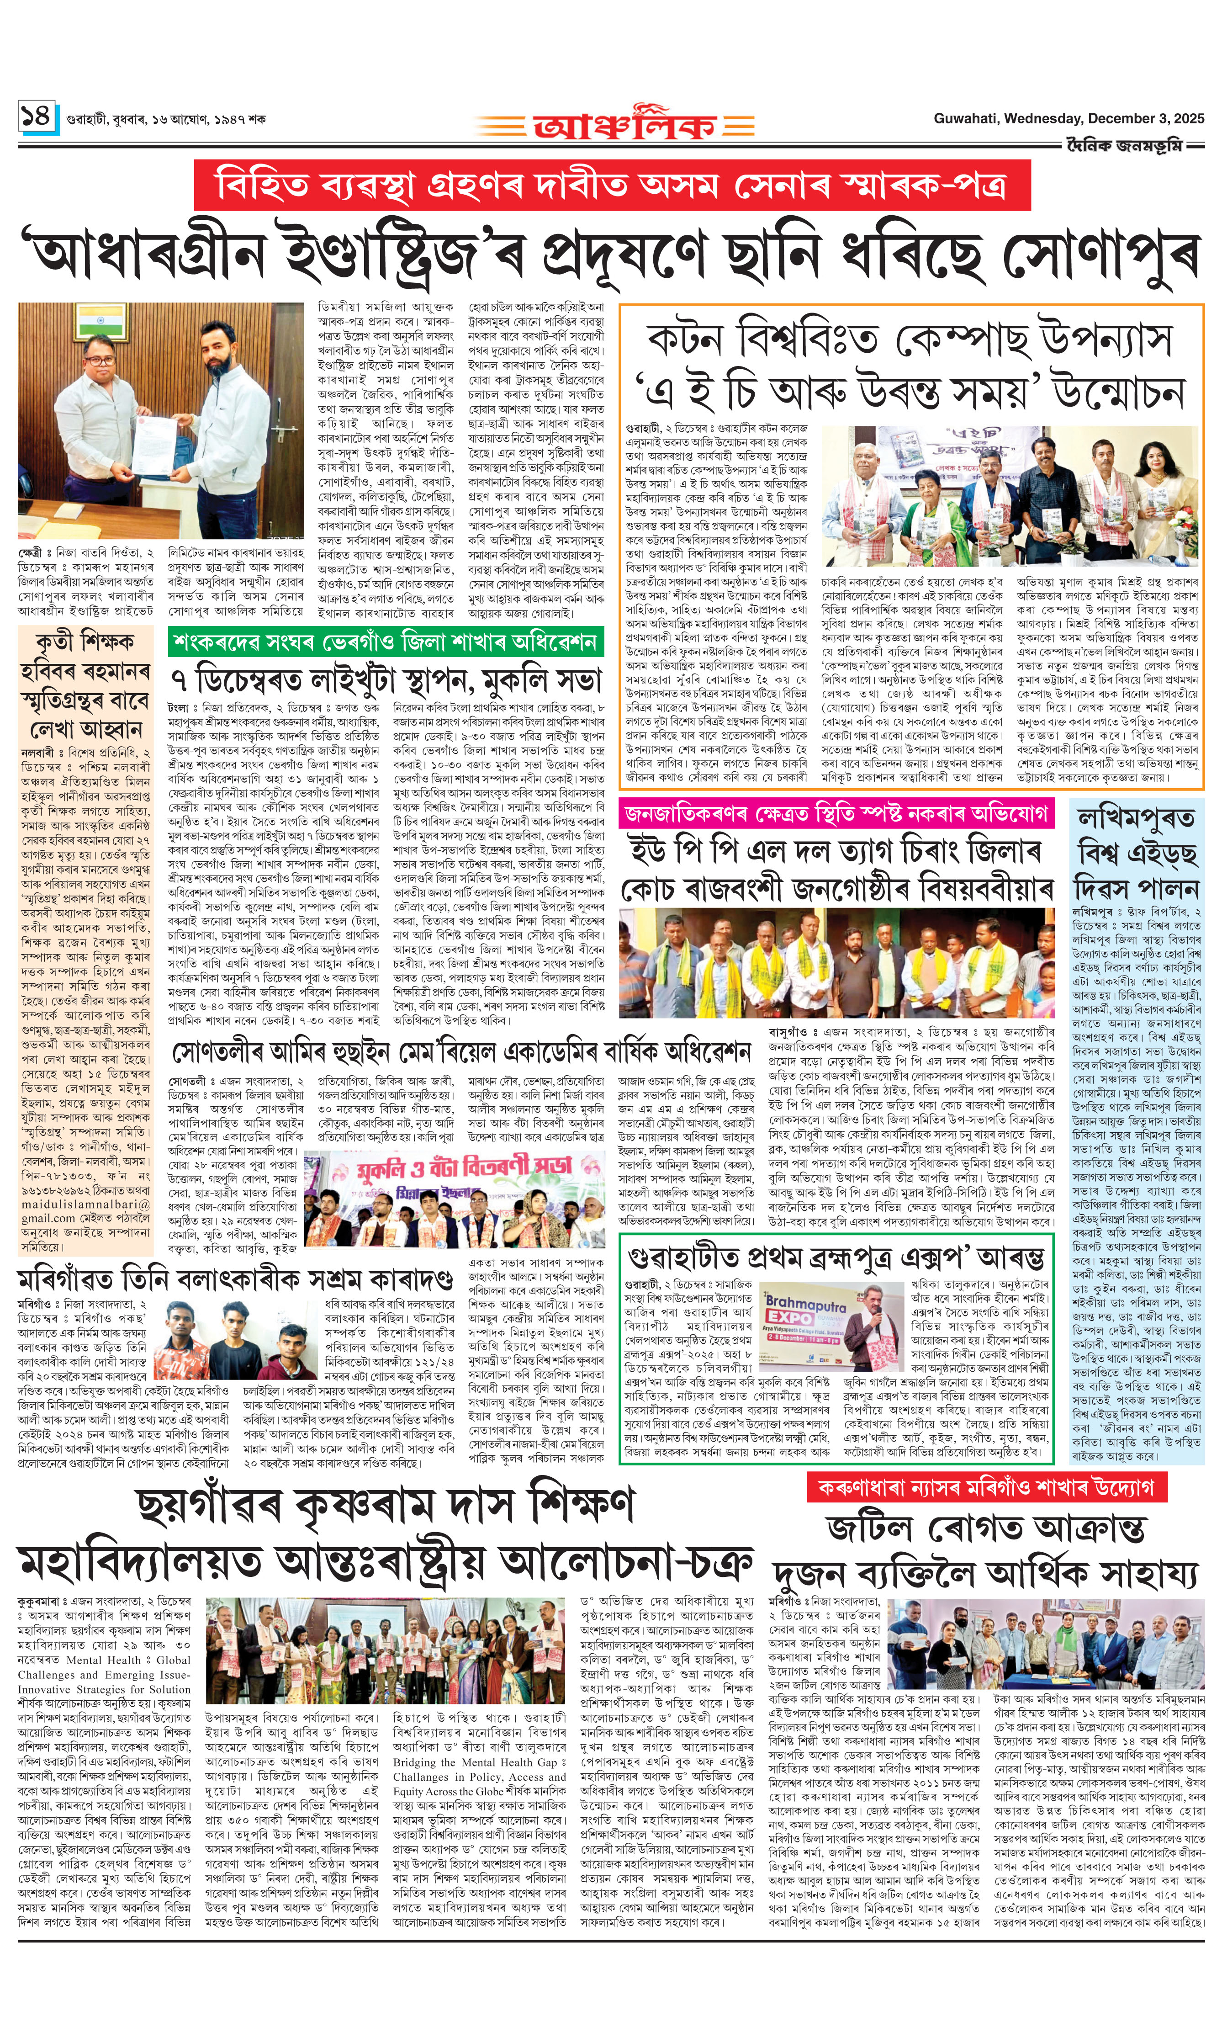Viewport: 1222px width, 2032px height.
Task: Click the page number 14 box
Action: pyautogui.click(x=37, y=115)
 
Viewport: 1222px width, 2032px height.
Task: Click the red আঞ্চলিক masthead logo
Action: pyautogui.click(x=624, y=123)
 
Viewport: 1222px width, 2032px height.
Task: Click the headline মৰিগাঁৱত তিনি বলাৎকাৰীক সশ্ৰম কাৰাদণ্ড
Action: pyautogui.click(x=235, y=1279)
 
